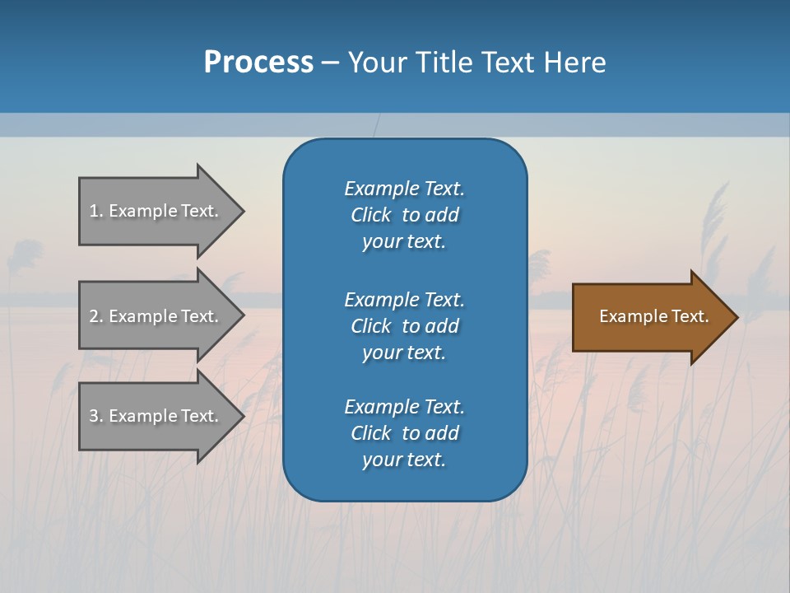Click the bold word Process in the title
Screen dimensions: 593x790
click(258, 63)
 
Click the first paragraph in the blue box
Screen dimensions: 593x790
click(404, 215)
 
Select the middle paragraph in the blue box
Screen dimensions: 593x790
click(404, 326)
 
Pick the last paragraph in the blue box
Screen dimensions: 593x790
click(404, 433)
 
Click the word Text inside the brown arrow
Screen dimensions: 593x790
click(690, 316)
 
